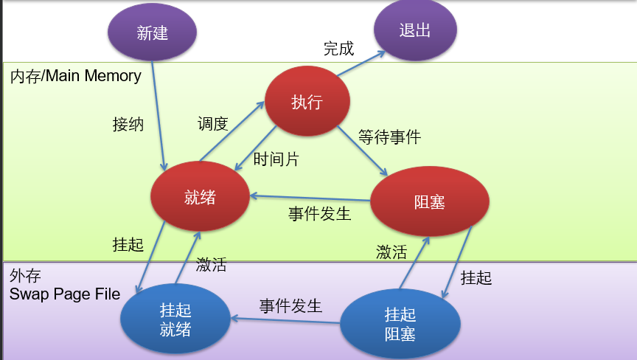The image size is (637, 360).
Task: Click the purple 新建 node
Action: point(153,32)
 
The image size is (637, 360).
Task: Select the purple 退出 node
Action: point(415,30)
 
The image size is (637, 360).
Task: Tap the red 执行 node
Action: point(307,103)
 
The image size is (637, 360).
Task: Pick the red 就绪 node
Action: point(200,197)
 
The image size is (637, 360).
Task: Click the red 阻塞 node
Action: point(430,201)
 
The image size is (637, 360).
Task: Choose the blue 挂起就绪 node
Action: point(175,319)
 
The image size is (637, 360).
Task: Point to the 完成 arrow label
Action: point(339,49)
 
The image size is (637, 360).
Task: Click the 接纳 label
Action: point(128,123)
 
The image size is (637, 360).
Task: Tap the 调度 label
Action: point(212,123)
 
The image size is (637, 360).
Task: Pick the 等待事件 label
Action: point(389,136)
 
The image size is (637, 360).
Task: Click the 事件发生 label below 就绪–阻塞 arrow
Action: point(319,214)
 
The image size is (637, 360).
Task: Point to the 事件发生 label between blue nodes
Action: point(290,305)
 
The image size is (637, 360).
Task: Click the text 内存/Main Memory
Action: point(75,76)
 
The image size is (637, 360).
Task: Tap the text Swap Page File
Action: point(65,294)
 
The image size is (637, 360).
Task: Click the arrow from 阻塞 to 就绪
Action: point(310,198)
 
